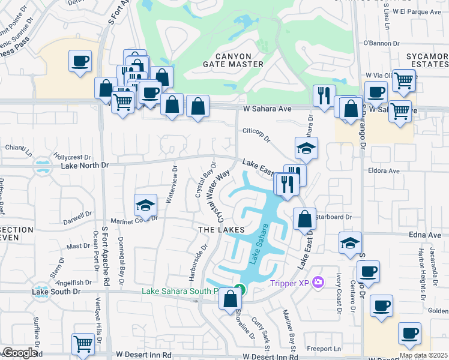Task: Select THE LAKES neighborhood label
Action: (222, 230)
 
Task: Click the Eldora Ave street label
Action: (385, 171)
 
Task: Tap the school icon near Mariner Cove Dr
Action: (145, 206)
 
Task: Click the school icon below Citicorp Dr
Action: (306, 149)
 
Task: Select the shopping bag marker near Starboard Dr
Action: (304, 219)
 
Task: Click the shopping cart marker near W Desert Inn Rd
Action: (83, 344)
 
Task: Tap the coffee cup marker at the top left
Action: (80, 61)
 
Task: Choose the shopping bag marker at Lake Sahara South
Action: (230, 298)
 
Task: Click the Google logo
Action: (19, 353)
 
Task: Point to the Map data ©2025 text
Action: (423, 355)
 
